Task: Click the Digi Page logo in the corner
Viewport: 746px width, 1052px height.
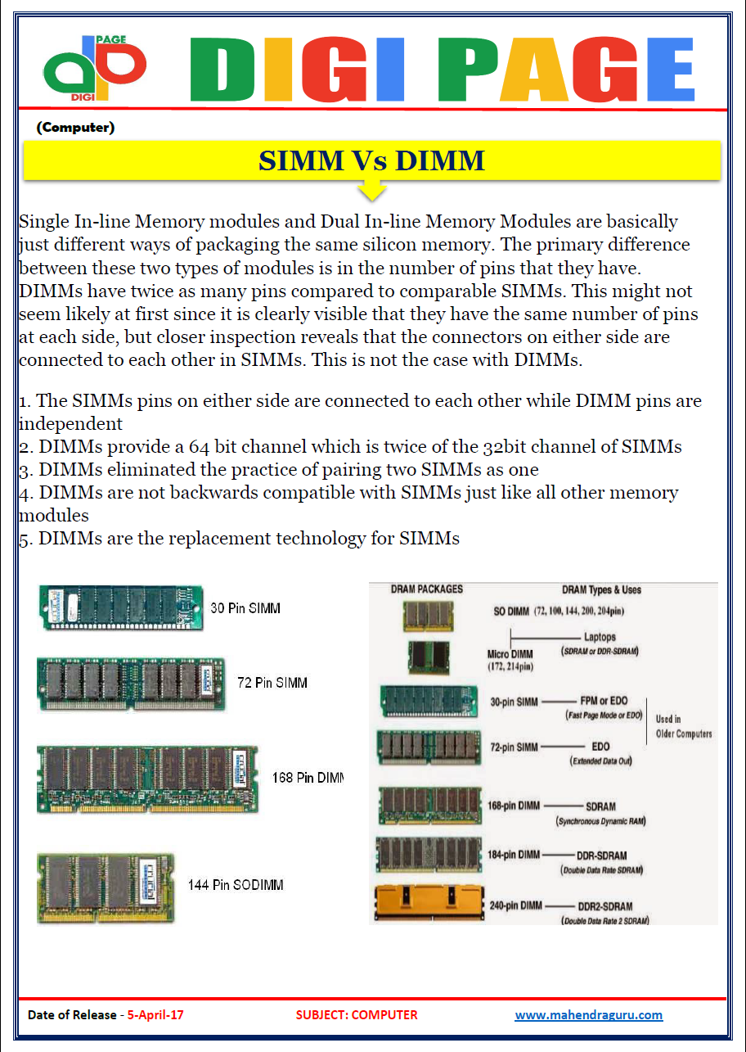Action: (94, 67)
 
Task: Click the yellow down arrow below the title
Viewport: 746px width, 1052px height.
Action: (372, 190)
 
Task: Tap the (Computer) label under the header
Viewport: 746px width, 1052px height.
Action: (75, 128)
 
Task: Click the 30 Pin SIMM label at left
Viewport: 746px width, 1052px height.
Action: (245, 608)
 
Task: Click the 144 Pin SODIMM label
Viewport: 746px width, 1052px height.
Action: (236, 885)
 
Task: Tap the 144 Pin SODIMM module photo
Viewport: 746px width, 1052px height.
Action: (106, 887)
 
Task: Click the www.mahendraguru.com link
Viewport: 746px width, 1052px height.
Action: (588, 1015)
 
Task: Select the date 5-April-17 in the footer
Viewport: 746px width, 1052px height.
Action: (155, 1015)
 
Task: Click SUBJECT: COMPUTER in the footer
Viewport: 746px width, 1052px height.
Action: (357, 1015)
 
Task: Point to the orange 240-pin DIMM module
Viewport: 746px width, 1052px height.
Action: (428, 904)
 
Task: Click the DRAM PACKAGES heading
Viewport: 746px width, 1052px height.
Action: (426, 589)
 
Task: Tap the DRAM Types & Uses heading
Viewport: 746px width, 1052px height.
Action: (601, 589)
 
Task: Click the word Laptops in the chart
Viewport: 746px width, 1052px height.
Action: (600, 637)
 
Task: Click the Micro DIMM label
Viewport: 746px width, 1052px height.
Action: (510, 654)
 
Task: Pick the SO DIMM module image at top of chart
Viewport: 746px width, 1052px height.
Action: (428, 616)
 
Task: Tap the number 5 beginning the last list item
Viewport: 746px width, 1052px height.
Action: (25, 540)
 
